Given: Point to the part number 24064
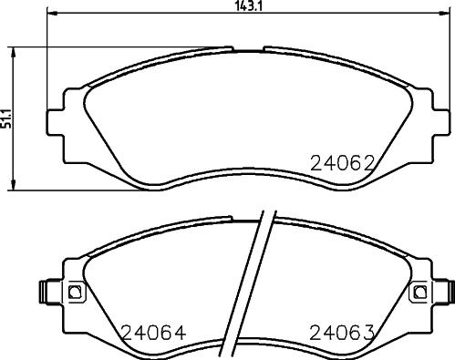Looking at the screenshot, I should [148, 333].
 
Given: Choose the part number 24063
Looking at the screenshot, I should [344, 333].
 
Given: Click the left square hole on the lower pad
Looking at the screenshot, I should [76, 292].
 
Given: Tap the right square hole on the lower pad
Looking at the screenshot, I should [419, 292].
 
